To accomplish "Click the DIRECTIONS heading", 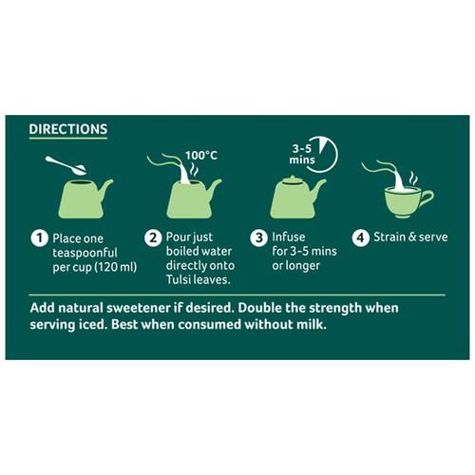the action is (x=68, y=129).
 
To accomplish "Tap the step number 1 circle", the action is (x=39, y=238).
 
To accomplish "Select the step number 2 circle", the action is (x=153, y=237).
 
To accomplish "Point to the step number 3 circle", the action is (x=259, y=237).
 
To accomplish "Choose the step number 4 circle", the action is (x=361, y=237).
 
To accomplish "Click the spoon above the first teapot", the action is (x=66, y=165).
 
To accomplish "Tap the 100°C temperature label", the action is (x=201, y=156).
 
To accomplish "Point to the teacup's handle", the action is (x=426, y=199).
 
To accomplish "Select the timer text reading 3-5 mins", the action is (x=302, y=154).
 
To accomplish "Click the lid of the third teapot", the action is (x=294, y=180).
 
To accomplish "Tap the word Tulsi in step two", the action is (x=179, y=279).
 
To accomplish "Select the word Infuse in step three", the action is (x=289, y=237).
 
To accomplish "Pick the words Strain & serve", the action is (x=410, y=237).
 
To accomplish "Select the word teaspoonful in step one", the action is (x=85, y=254).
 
